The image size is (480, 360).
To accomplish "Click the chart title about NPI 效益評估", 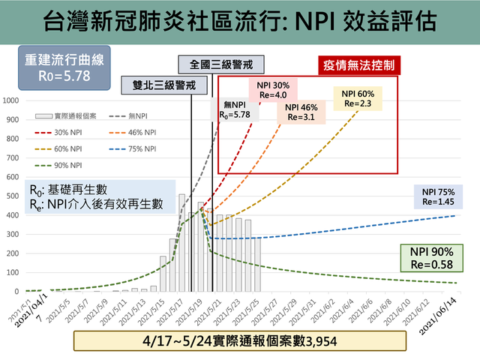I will point(239,20).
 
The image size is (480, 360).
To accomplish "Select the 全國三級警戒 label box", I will point(211,64).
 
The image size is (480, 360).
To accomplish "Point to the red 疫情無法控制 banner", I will point(358,64).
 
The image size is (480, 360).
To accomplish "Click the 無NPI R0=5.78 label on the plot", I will point(233,110).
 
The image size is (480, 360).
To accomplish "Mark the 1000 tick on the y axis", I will point(12,100).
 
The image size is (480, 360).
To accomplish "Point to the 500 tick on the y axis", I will point(13,196).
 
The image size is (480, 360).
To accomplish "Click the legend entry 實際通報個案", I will point(68,116).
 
